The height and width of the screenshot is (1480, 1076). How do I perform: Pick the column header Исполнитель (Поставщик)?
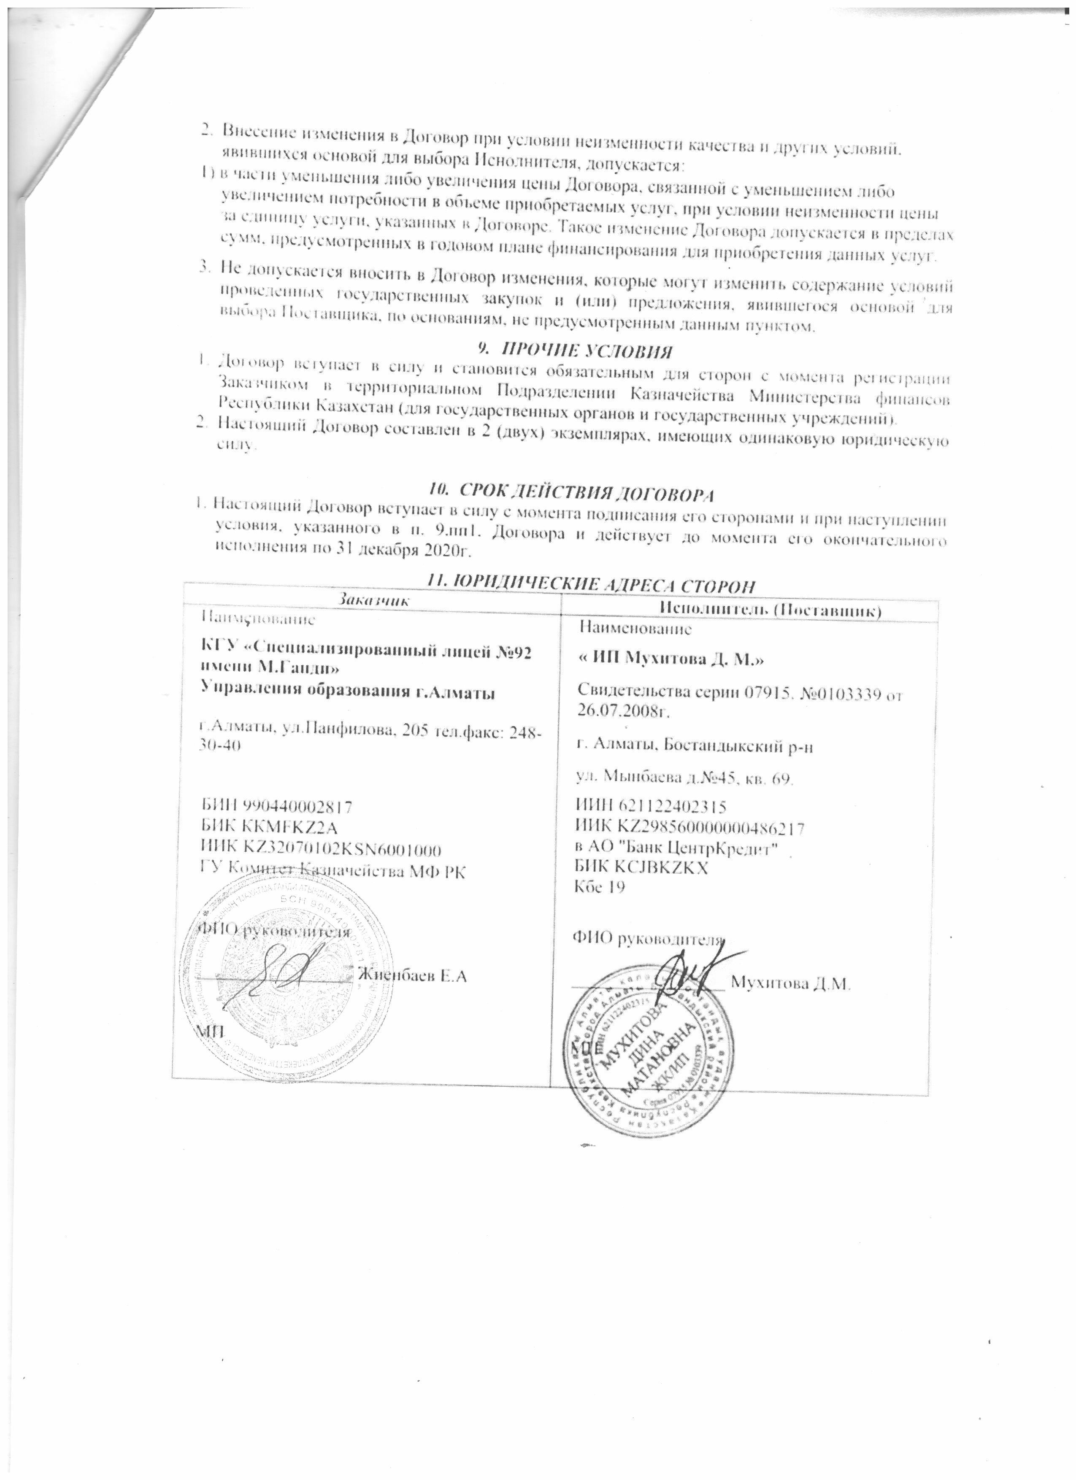coord(771,610)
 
